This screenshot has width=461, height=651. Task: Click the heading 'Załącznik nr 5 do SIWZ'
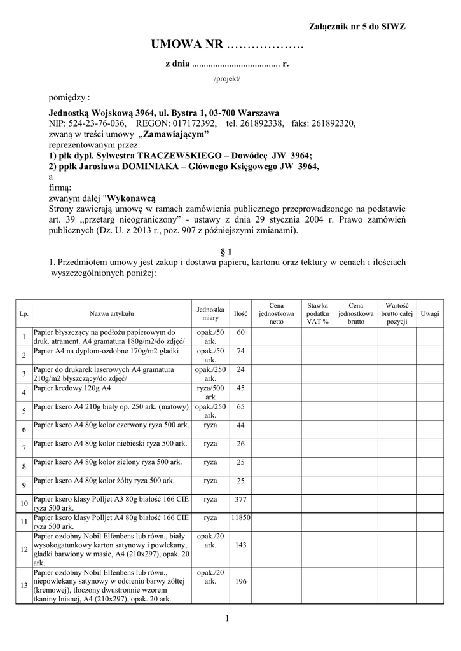(x=357, y=26)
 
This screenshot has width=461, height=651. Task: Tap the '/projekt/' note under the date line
(x=228, y=78)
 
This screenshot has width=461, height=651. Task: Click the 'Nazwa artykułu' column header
(x=111, y=313)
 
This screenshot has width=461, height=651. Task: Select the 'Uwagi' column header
(x=430, y=313)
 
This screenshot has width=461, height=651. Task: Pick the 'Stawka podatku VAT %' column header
(x=317, y=313)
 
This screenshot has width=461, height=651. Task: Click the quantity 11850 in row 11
(x=240, y=518)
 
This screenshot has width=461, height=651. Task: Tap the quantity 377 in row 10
(x=240, y=499)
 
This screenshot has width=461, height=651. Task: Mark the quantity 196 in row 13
(x=240, y=581)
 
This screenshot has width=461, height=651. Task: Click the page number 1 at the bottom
(x=227, y=618)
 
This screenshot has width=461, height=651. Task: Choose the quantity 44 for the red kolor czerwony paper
(x=240, y=425)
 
